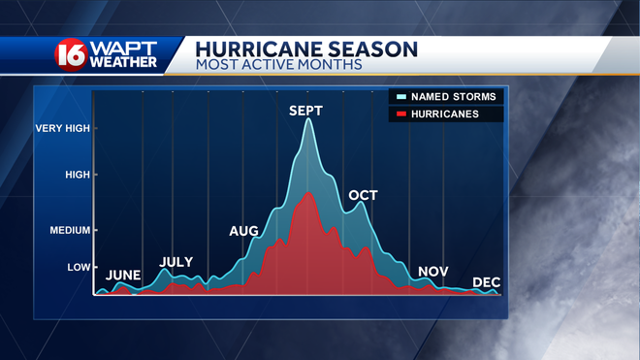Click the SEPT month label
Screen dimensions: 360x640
[305, 112]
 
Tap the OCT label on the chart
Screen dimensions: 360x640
[363, 196]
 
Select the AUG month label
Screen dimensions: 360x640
[243, 231]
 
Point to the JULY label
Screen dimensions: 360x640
[176, 262]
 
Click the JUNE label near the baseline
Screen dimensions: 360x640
[123, 276]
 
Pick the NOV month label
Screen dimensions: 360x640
[432, 272]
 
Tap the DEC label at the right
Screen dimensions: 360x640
[486, 282]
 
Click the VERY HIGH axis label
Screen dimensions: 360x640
[63, 128]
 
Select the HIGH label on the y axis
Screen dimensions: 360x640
[77, 175]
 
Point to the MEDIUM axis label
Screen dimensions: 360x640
[69, 231]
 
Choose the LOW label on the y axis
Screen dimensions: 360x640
[78, 267]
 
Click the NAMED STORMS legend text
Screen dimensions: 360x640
[454, 97]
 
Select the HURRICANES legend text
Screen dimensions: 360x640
[445, 115]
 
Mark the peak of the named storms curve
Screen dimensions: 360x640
[308, 119]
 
